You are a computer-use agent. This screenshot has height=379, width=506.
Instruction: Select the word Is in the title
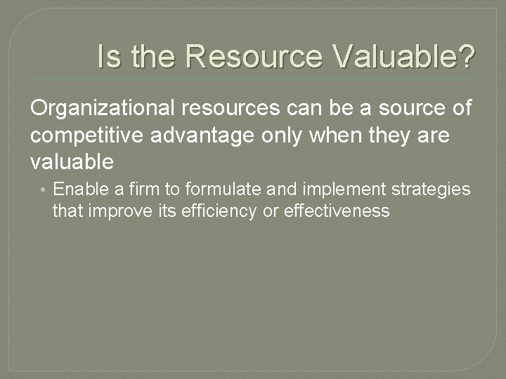pos(109,56)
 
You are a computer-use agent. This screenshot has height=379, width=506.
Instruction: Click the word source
pos(401,109)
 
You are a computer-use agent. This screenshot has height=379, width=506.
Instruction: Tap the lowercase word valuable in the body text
pos(72,161)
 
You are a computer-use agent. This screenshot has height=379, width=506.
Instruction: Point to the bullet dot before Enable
pos(44,190)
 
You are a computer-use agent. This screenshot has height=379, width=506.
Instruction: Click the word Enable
pos(80,189)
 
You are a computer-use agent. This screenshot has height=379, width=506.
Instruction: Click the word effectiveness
pos(335,211)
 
